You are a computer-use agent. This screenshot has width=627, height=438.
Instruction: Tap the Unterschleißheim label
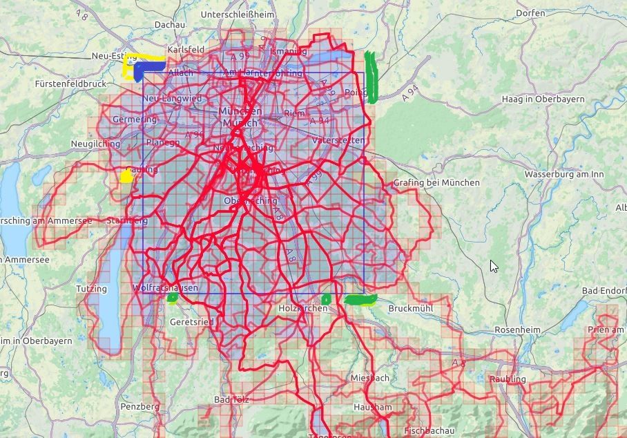tap(237, 15)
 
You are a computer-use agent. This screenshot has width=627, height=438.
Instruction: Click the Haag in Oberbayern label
tap(543, 99)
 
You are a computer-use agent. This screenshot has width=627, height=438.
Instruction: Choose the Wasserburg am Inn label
tap(563, 174)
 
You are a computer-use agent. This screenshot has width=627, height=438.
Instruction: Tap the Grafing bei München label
tap(436, 182)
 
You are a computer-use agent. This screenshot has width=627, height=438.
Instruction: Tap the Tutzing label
tap(92, 289)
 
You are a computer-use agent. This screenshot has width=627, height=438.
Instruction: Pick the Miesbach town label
tap(369, 378)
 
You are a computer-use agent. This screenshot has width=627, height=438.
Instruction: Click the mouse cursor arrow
tap(494, 266)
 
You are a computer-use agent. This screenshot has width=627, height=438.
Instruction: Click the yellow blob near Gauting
tap(126, 175)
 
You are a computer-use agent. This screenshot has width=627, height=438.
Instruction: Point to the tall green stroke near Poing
tap(372, 77)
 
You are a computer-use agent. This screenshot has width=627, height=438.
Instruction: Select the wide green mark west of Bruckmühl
tap(360, 300)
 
